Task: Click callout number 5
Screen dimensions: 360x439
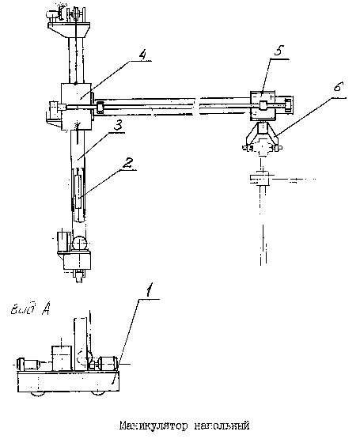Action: coord(279,51)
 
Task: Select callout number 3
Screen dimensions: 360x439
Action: coord(118,125)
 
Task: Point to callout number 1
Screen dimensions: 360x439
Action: coord(150,290)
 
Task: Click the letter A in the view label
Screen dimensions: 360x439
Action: coord(46,308)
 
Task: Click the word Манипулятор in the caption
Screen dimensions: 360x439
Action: coord(153,426)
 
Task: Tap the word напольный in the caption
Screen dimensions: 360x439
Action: coord(222,426)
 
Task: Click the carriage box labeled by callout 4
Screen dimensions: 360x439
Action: coord(76,107)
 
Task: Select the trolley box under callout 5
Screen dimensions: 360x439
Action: coord(263,105)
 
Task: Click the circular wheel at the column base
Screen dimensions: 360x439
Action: coord(80,243)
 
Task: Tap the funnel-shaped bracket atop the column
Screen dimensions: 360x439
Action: coord(68,30)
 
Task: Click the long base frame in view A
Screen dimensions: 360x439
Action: coord(68,381)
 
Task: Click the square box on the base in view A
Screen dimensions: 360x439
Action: coord(62,358)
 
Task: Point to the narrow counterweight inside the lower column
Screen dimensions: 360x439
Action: coord(78,191)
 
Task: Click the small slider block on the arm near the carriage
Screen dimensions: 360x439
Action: coord(100,108)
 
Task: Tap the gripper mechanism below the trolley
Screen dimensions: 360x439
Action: coord(262,138)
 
